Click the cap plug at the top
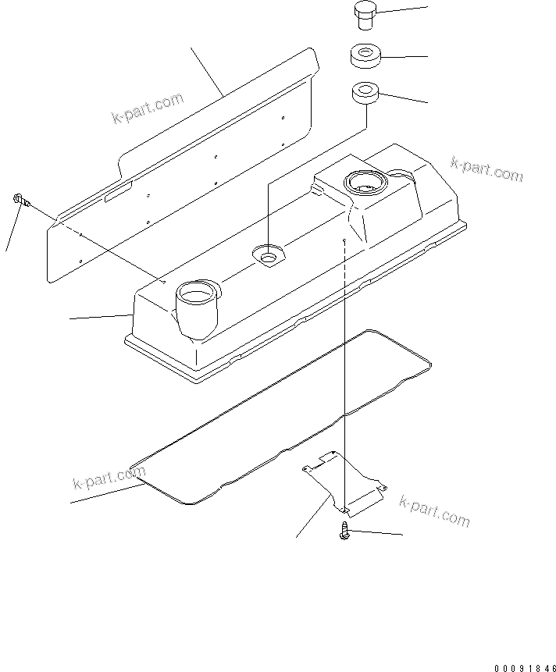click(x=363, y=16)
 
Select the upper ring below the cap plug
click(x=364, y=57)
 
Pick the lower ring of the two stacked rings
click(x=364, y=94)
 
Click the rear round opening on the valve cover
click(x=364, y=183)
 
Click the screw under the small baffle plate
click(x=344, y=532)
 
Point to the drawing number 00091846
click(x=522, y=668)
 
